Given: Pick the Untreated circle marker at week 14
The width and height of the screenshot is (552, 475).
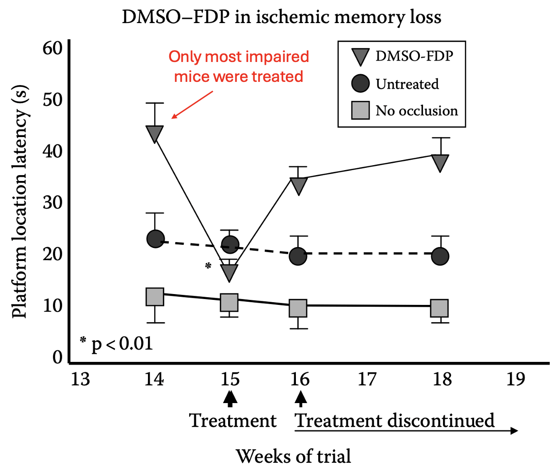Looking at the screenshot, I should point(155,238).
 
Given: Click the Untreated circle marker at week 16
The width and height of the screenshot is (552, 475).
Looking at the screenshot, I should point(298,256).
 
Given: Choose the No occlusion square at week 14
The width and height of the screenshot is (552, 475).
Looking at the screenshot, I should point(155,297).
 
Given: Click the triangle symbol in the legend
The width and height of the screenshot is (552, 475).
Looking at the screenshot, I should point(360,57).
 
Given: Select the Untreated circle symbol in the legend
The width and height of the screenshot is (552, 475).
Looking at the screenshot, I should point(360,84).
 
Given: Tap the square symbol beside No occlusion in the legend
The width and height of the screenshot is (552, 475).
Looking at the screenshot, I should point(360,110).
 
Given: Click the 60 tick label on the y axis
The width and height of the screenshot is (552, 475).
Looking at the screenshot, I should point(52,48).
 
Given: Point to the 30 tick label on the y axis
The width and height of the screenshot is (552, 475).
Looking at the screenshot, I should point(52,203).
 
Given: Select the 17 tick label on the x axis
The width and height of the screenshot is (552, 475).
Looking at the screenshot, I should point(367,379).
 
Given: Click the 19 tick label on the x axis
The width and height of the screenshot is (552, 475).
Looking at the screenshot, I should point(515,379).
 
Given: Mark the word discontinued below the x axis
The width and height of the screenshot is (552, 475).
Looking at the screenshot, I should point(441,421).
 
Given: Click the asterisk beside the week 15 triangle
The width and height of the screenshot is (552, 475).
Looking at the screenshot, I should point(208,266).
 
